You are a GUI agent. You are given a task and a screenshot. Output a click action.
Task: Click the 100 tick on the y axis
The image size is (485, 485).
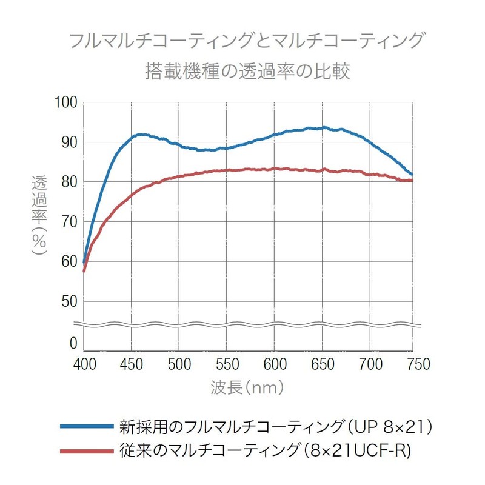[66, 102]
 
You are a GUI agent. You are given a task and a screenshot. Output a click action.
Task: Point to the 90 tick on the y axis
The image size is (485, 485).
[69, 142]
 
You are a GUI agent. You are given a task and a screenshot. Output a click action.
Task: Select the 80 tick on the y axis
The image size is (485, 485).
[69, 182]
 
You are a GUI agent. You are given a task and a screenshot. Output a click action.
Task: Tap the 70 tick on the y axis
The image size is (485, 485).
[69, 222]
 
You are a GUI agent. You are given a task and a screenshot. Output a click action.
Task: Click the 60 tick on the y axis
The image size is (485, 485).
[69, 262]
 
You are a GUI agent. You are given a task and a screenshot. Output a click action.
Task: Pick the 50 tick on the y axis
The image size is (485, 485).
[69, 302]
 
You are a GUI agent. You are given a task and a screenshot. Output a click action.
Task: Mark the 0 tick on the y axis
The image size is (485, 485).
[73, 344]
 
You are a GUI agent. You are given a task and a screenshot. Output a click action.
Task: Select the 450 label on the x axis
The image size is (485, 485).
[131, 364]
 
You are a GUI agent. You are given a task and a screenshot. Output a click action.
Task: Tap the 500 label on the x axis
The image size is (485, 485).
[178, 364]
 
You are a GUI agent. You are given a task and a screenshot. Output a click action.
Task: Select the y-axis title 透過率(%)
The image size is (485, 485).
[40, 215]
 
